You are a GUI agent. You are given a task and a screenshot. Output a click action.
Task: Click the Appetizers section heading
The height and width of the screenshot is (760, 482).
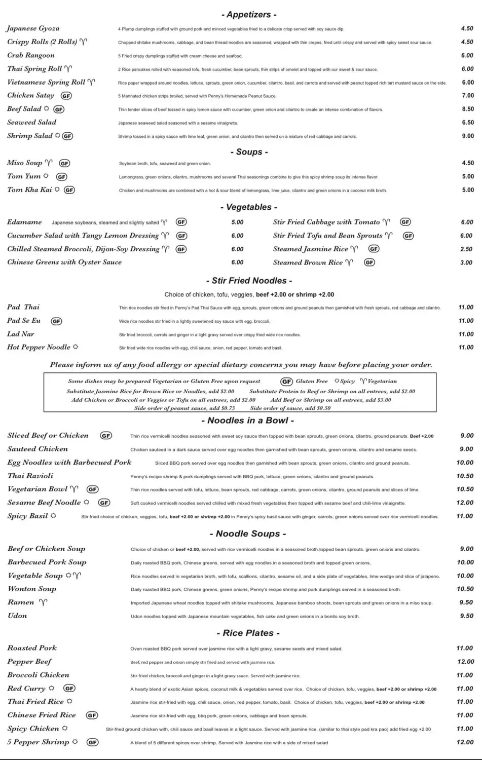click(x=249, y=15)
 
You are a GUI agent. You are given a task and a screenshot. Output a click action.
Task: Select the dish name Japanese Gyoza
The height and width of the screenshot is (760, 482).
click(x=33, y=28)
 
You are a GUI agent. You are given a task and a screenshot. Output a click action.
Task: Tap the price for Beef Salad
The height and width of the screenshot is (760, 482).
click(x=467, y=109)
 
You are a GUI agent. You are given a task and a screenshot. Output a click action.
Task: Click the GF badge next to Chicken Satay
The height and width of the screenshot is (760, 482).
click(x=66, y=96)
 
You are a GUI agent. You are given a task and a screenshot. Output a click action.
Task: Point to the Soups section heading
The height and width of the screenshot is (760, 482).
click(x=249, y=152)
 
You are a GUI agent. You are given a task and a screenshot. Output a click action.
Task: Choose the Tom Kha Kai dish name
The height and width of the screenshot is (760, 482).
click(x=29, y=190)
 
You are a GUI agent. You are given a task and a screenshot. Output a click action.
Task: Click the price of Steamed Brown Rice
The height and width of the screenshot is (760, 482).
click(x=466, y=262)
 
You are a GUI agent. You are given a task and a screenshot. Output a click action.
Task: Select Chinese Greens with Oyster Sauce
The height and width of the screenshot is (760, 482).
click(x=64, y=262)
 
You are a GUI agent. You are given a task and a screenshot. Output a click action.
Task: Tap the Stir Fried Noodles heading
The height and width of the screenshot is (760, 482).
click(x=249, y=281)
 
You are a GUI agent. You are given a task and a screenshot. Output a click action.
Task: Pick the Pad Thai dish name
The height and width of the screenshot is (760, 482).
click(x=23, y=307)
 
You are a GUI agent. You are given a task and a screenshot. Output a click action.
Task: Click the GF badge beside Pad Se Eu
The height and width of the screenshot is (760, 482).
click(x=56, y=321)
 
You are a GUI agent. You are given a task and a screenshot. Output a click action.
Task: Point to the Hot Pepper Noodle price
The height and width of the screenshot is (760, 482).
click(x=466, y=348)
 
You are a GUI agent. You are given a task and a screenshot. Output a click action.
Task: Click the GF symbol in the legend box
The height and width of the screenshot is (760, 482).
click(x=286, y=382)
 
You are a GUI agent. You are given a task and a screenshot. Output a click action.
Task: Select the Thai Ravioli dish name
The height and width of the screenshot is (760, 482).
click(x=30, y=476)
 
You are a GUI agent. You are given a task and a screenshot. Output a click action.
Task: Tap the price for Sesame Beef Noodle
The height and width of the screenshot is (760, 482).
click(x=465, y=503)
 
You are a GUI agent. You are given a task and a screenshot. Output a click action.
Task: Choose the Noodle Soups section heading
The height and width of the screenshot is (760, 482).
click(x=248, y=534)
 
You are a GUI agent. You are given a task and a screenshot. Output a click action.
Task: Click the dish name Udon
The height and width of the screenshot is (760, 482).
click(x=17, y=616)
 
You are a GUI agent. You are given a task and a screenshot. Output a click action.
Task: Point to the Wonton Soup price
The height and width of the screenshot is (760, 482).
click(x=465, y=589)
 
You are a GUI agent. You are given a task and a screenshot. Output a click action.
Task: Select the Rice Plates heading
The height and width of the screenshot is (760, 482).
click(x=248, y=633)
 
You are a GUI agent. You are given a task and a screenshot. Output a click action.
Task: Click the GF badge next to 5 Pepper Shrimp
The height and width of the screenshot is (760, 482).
click(x=92, y=742)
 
